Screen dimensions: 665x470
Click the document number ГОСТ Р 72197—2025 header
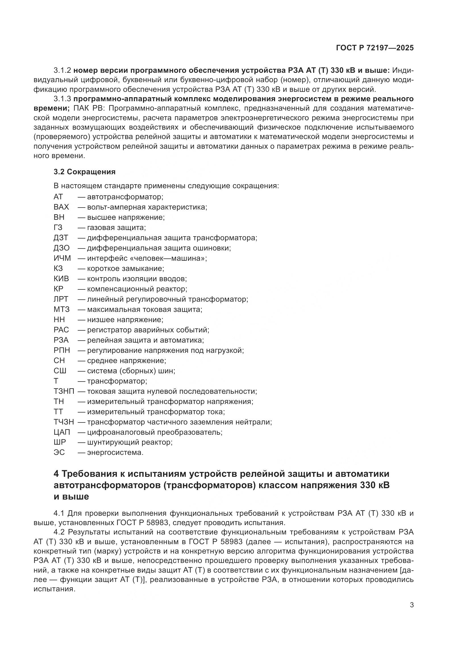click(375, 48)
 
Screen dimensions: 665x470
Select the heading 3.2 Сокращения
click(84, 172)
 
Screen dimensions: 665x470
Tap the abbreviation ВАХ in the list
click(61, 207)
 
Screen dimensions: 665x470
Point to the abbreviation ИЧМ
click(62, 258)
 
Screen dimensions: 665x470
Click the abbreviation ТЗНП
click(64, 391)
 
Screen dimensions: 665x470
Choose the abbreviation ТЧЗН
click(64, 422)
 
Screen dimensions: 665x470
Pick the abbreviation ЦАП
click(62, 432)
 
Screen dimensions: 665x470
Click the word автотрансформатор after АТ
click(125, 197)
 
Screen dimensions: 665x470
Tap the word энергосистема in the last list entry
click(115, 452)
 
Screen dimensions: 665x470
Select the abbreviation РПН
click(62, 351)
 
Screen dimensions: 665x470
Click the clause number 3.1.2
click(62, 71)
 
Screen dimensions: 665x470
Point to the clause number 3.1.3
click(62, 99)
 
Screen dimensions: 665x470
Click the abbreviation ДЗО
click(62, 248)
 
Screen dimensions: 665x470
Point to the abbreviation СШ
click(60, 371)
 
